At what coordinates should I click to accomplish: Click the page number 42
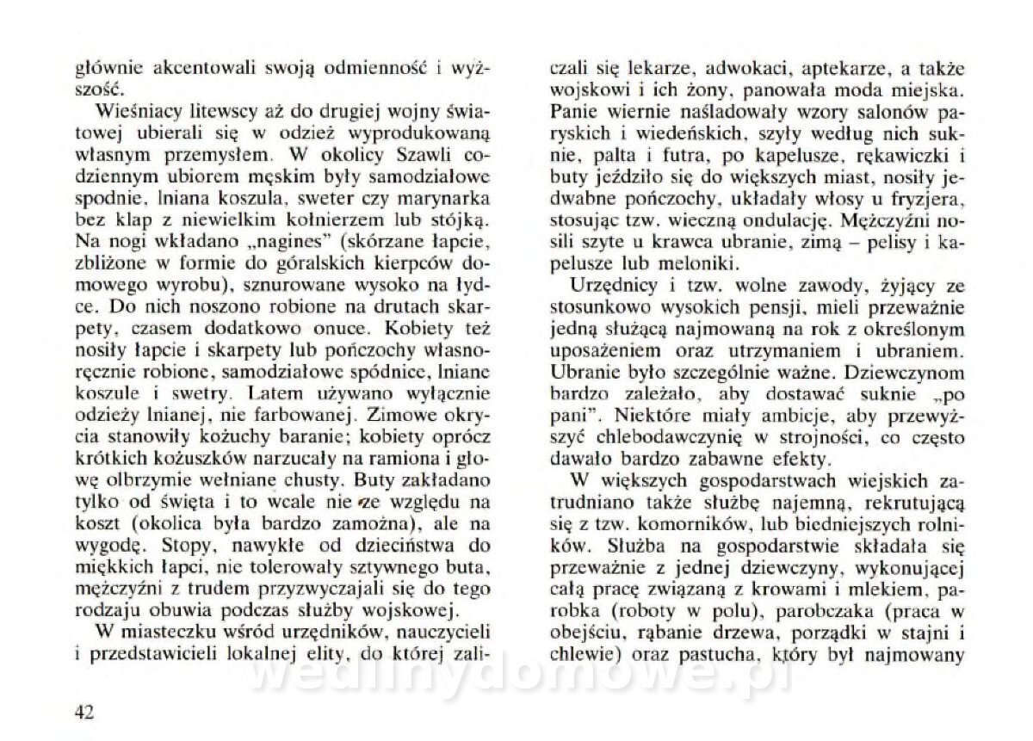pos(84,712)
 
